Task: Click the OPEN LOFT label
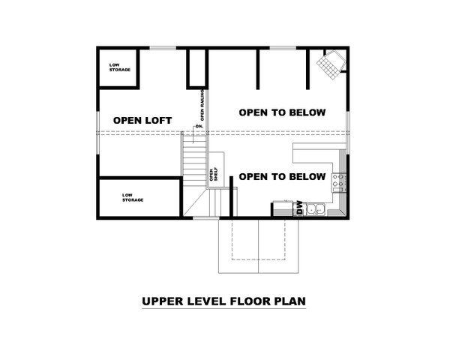coord(142,120)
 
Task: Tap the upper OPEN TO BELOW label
coord(282,112)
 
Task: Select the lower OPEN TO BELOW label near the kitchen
coord(282,177)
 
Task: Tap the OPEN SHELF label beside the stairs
coord(213,174)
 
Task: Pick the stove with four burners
coord(339,180)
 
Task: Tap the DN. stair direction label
coord(199,125)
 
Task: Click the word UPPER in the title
coord(160,302)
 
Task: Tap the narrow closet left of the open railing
coord(196,68)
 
